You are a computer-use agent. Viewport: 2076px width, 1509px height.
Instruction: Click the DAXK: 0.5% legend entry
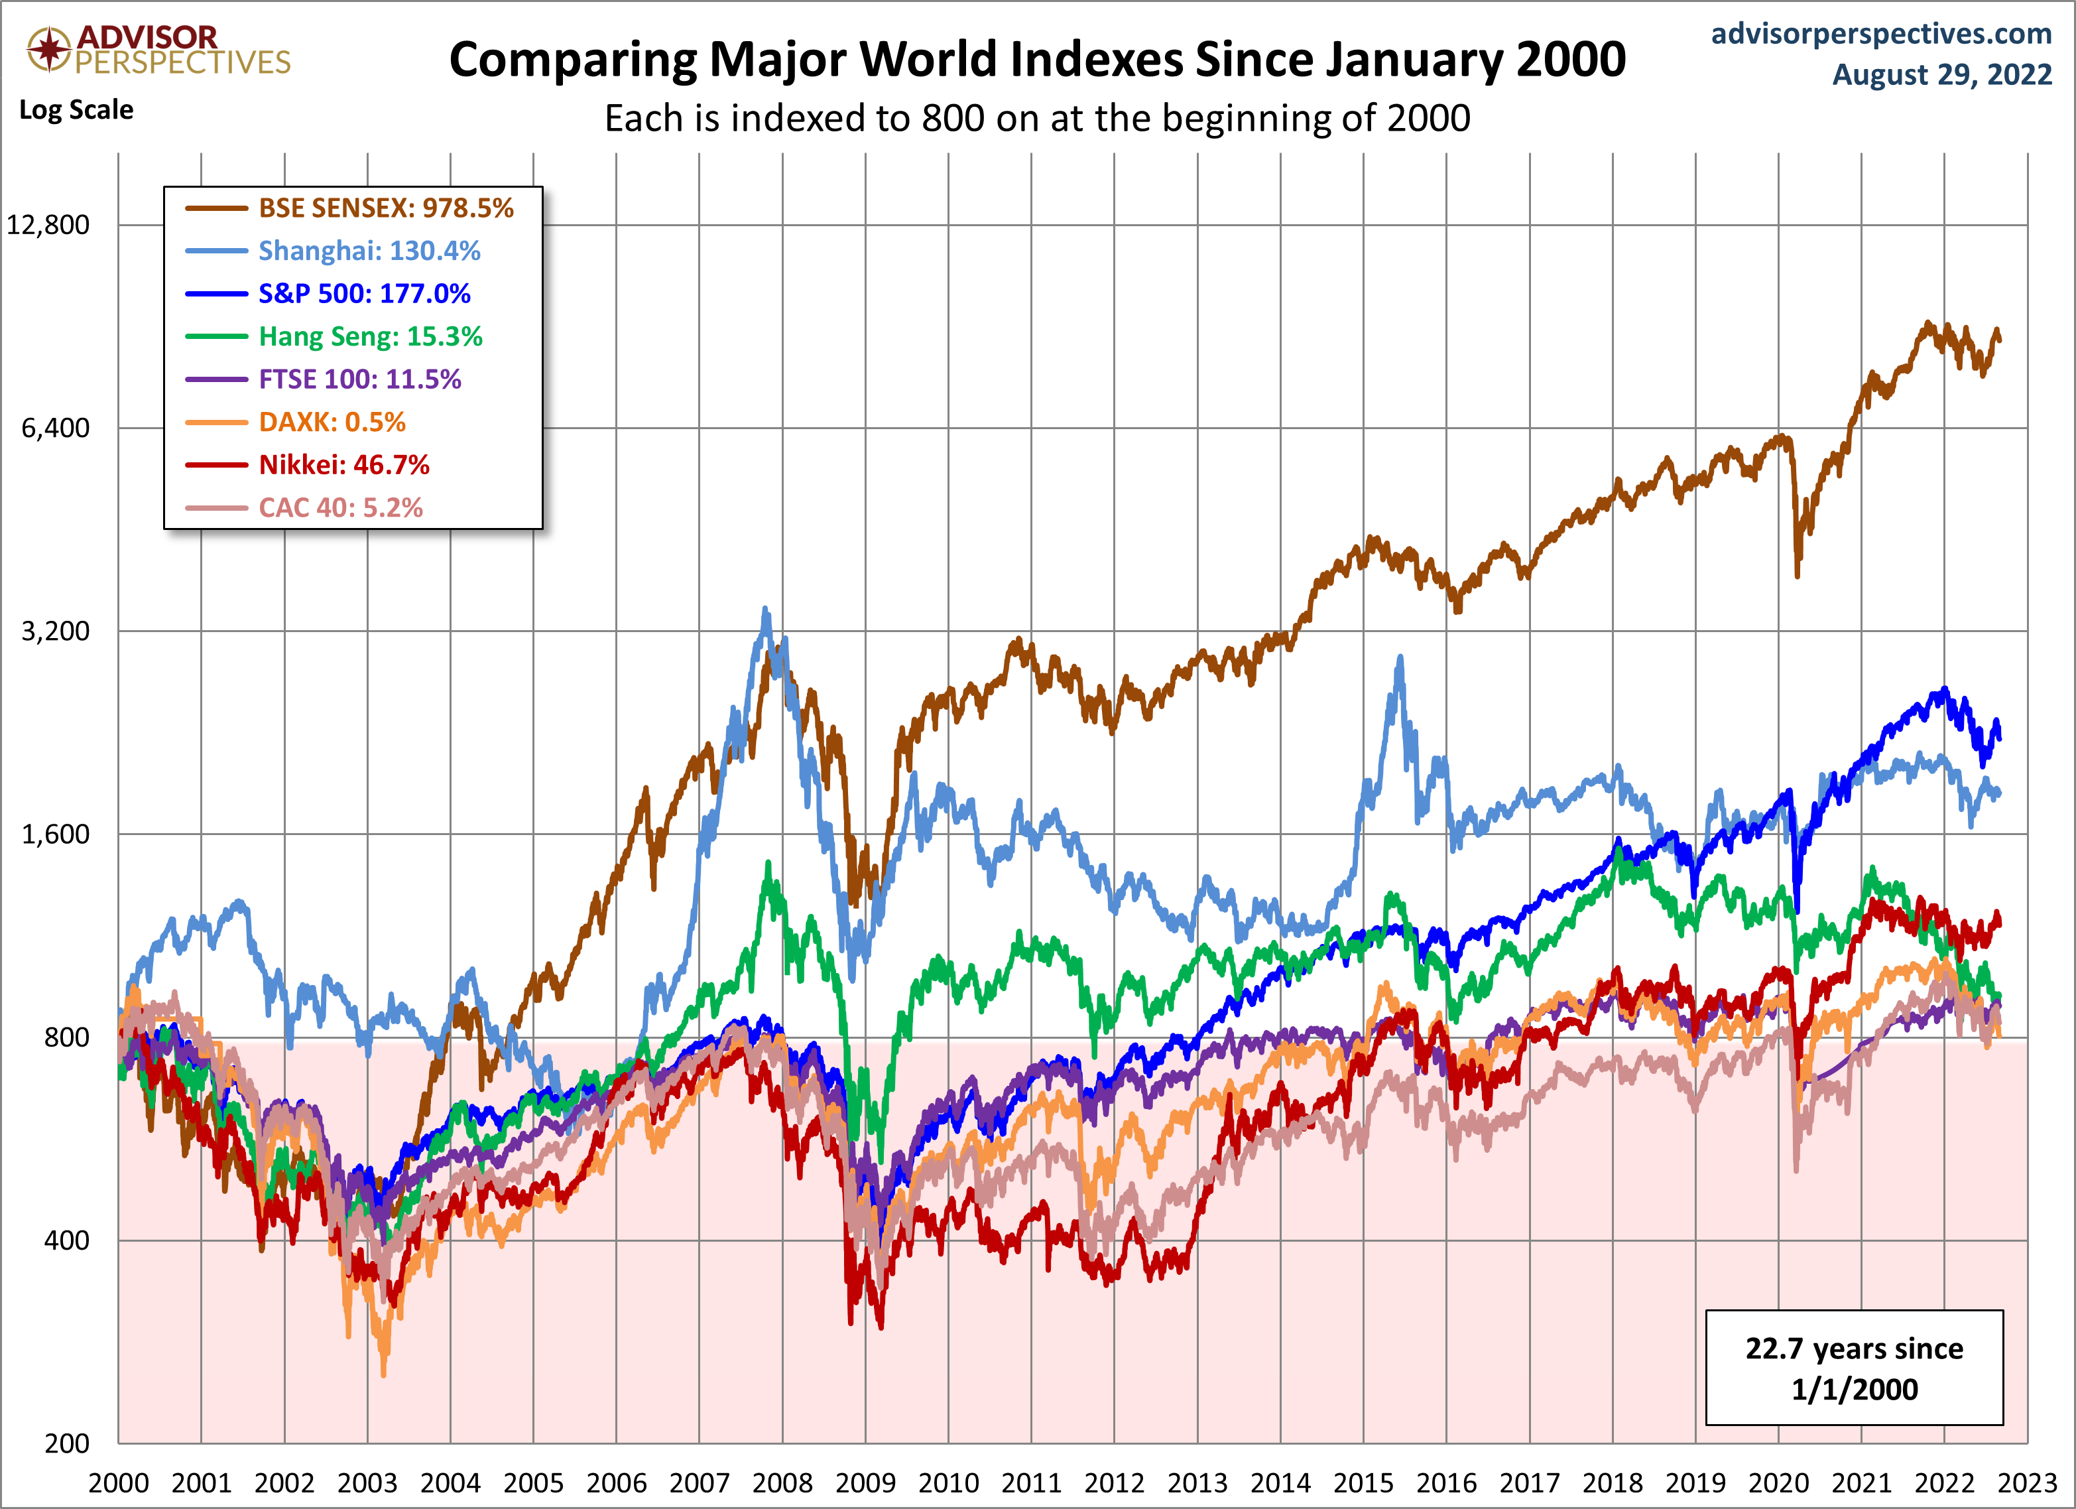pyautogui.click(x=332, y=422)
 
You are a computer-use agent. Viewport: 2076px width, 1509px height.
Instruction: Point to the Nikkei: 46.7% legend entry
pyautogui.click(x=344, y=465)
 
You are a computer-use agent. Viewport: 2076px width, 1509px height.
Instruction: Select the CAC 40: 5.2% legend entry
pyautogui.click(x=341, y=508)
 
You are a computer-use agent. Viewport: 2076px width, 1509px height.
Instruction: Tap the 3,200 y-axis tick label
pyautogui.click(x=56, y=631)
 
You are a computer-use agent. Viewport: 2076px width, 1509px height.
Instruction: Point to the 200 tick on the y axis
pyautogui.click(x=67, y=1444)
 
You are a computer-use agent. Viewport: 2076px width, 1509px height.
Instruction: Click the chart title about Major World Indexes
pyautogui.click(x=1037, y=60)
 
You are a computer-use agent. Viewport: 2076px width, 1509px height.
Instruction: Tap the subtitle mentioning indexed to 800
pyautogui.click(x=1037, y=119)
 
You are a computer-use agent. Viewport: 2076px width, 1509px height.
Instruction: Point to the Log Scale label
pyautogui.click(x=76, y=110)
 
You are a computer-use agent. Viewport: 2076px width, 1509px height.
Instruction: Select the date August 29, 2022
pyautogui.click(x=1941, y=74)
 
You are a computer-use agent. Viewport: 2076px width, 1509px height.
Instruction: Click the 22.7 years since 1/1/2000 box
pyautogui.click(x=1854, y=1368)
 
